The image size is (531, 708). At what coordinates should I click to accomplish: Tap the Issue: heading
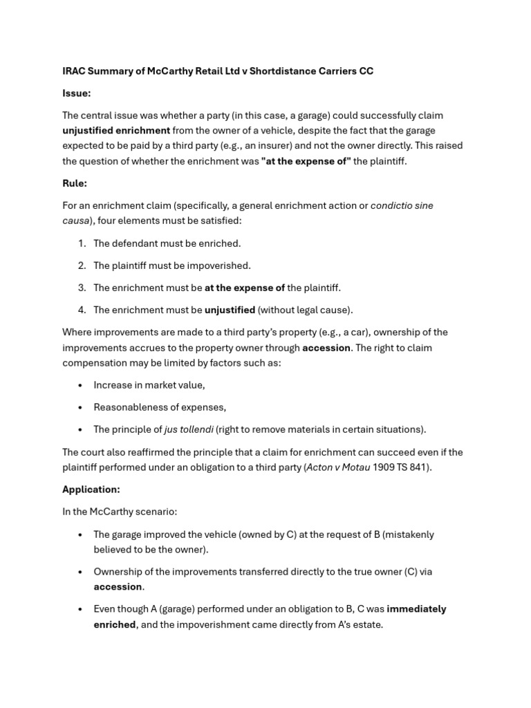point(77,93)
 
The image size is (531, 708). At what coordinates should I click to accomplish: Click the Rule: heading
point(75,183)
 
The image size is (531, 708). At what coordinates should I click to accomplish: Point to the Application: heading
point(91,490)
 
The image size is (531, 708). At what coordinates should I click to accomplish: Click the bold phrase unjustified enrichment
point(116,130)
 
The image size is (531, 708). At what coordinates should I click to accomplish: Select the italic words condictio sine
point(402,205)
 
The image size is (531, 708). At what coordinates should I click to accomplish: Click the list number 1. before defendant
point(82,243)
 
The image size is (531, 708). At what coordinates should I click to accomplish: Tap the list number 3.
point(82,288)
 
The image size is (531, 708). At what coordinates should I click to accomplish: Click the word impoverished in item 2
point(219,265)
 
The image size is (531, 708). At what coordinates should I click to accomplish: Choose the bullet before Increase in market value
point(81,385)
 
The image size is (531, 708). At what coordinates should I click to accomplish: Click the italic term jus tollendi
point(188,429)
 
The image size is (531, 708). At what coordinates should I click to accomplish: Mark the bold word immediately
point(416,609)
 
